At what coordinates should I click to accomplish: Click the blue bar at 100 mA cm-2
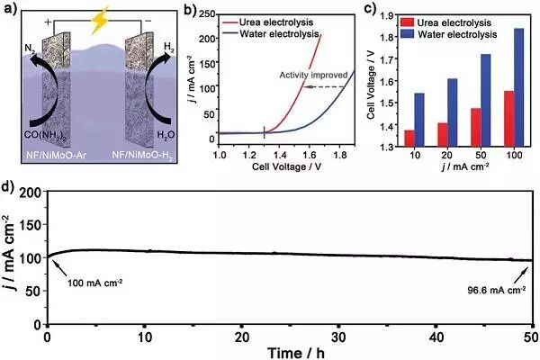click(518, 88)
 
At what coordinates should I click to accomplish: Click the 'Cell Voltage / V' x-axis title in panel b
click(286, 166)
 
